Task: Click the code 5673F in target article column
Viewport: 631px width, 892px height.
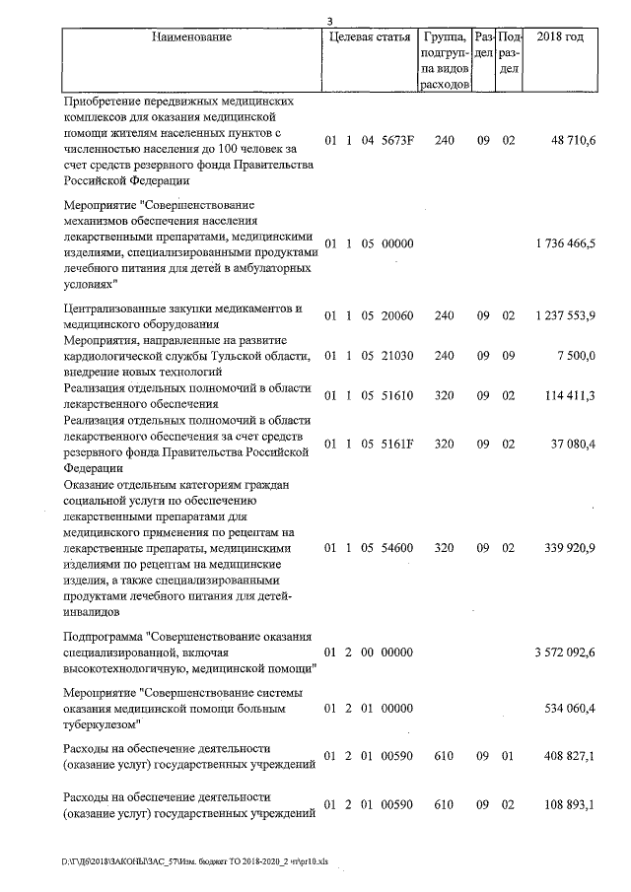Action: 395,141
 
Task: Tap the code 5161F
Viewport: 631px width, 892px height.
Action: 395,444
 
